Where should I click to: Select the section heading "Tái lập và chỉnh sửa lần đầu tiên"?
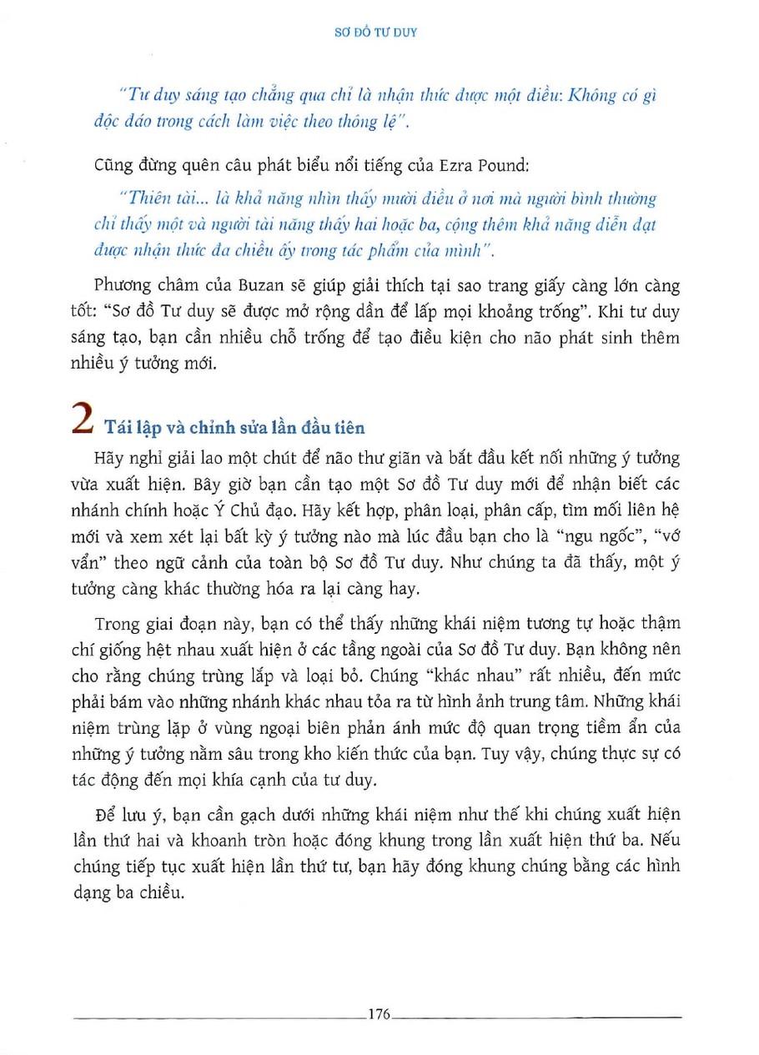tap(235, 427)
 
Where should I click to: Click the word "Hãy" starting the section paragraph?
tap(112, 458)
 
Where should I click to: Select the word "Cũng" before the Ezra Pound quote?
tap(113, 165)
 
